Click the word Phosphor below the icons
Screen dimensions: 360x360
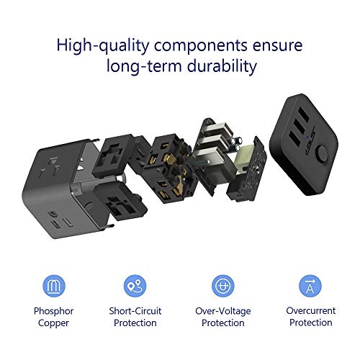[55, 311]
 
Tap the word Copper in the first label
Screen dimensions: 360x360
[55, 323]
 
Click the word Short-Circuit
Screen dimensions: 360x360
[135, 311]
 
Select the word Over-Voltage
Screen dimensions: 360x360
[222, 311]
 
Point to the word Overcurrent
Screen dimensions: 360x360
[310, 311]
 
